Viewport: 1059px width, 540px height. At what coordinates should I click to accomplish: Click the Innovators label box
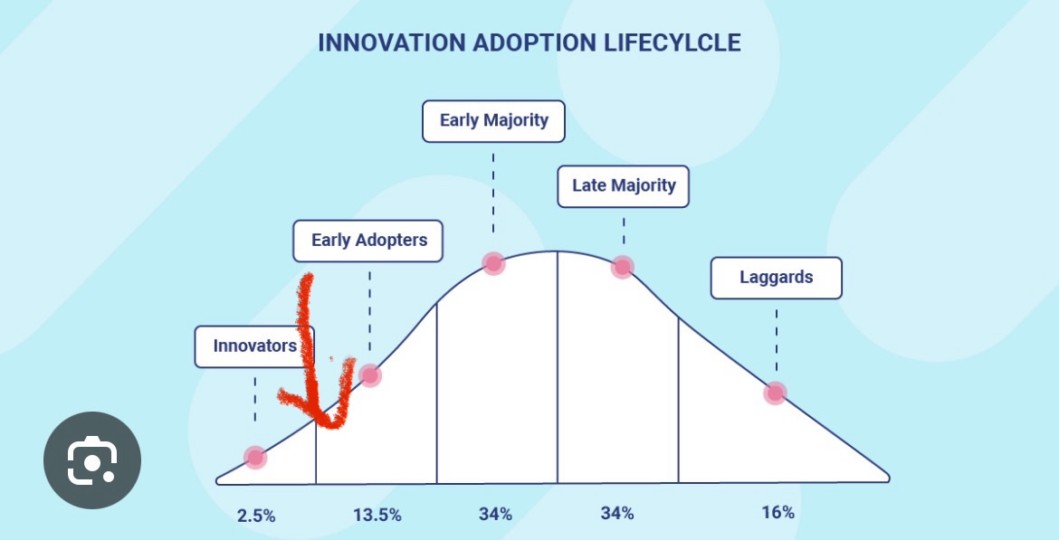pos(254,346)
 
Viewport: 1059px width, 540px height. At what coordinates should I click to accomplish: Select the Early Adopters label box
pos(367,241)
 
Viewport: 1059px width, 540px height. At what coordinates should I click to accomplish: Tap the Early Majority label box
pos(493,120)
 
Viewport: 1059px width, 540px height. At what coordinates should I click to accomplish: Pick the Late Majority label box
pos(624,185)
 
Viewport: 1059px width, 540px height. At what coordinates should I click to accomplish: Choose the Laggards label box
pos(776,278)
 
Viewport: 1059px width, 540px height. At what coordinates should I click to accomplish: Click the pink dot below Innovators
pos(255,457)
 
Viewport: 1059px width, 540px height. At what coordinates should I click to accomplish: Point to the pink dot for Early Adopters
pos(369,375)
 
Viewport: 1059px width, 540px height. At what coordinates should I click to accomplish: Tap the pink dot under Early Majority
pos(493,263)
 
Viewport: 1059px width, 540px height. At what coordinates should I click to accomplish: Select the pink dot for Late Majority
pos(622,267)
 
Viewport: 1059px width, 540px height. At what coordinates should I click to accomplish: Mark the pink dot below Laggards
pos(775,393)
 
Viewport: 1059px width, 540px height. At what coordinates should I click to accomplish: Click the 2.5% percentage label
pos(256,516)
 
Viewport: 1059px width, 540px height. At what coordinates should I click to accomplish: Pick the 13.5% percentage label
pos(377,516)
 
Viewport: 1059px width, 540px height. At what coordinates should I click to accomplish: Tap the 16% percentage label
pos(778,512)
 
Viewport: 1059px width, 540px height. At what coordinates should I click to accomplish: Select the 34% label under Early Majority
pos(495,514)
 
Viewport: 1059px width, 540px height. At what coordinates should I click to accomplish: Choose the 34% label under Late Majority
pos(617,514)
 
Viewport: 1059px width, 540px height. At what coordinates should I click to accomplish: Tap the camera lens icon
pos(91,461)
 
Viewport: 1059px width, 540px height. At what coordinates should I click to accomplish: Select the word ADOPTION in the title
pos(531,43)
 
